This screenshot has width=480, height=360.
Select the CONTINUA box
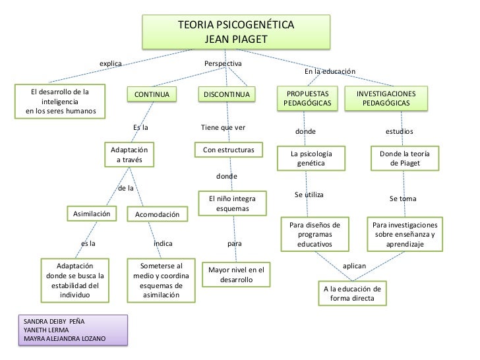pos(152,96)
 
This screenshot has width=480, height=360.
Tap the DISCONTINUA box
pos(226,96)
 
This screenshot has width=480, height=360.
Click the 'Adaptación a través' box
pos(129,155)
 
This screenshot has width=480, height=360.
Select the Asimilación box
pos(91,214)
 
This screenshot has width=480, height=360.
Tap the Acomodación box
pos(157,215)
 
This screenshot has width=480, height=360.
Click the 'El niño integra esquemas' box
pos(227,203)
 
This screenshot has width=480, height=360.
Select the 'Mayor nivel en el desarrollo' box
pos(236,275)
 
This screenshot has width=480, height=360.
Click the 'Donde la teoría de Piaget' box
pos(405,158)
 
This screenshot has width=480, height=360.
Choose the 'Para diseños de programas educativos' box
pos(315,235)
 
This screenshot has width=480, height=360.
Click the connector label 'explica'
pos(110,63)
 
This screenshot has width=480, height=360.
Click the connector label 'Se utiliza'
pos(309,195)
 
